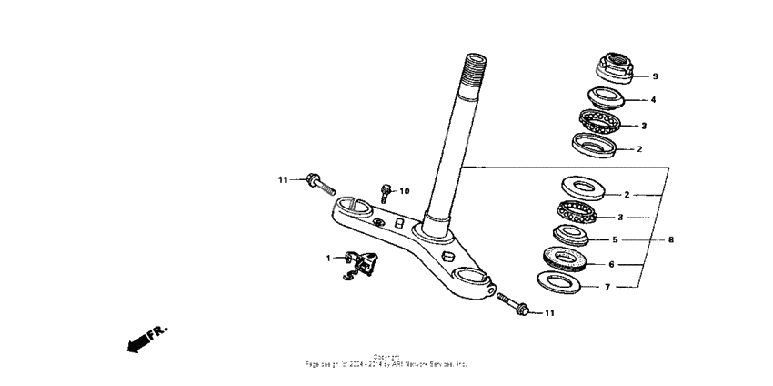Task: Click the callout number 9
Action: pyautogui.click(x=654, y=76)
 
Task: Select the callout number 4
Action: pyautogui.click(x=653, y=99)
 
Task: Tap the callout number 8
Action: pyautogui.click(x=670, y=240)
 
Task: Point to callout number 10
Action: pyautogui.click(x=405, y=191)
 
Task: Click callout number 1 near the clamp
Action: pyautogui.click(x=329, y=259)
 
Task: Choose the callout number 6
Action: pyautogui.click(x=611, y=263)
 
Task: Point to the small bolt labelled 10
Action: pyautogui.click(x=386, y=192)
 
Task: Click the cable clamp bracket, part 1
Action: pyautogui.click(x=362, y=265)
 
